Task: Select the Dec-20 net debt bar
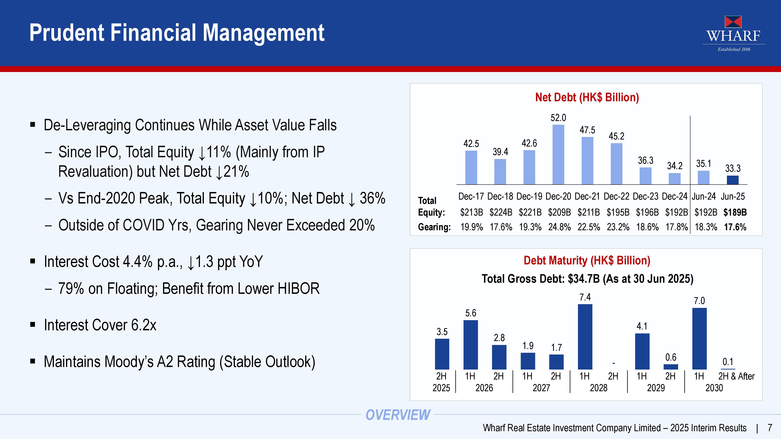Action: [x=558, y=155]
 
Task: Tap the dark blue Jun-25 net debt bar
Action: [x=733, y=180]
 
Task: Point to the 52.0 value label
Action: [x=558, y=117]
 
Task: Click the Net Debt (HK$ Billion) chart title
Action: [x=587, y=97]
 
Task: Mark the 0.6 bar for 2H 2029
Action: [x=671, y=367]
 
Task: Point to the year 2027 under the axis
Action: [x=541, y=388]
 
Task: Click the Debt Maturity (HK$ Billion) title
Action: [x=587, y=260]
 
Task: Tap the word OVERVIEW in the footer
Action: [x=398, y=415]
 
